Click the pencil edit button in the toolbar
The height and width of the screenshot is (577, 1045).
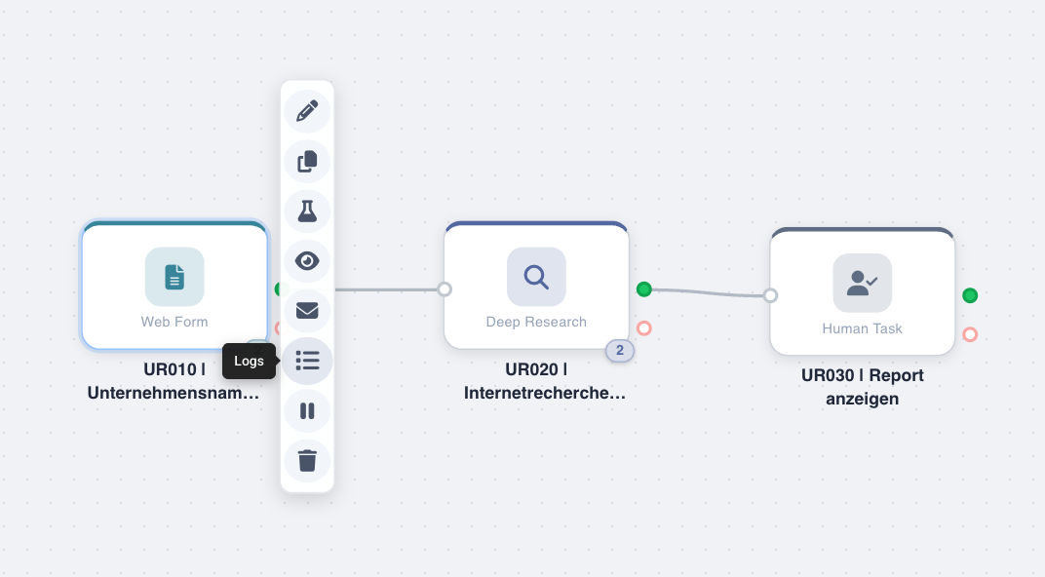(307, 110)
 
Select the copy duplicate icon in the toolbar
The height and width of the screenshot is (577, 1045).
(307, 161)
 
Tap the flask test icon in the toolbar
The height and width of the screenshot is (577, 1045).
(307, 212)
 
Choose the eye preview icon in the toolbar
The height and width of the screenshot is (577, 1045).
(307, 261)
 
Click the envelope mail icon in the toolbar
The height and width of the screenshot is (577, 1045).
(307, 311)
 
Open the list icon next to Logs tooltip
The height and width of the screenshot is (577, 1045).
(307, 362)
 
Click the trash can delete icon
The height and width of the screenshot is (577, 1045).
(307, 460)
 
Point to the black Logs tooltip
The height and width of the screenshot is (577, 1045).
(249, 362)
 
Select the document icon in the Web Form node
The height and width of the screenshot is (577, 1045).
(174, 277)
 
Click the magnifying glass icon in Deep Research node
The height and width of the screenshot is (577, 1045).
(536, 277)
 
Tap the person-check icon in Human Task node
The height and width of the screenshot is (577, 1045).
(863, 283)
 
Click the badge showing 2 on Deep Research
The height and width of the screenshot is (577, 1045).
(620, 351)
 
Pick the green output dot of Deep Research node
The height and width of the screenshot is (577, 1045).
(643, 289)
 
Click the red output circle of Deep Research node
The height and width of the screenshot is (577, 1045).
(643, 327)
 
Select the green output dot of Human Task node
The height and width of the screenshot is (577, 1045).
(970, 295)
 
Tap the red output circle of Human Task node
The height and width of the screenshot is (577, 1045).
(970, 334)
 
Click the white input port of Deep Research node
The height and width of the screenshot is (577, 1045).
(445, 289)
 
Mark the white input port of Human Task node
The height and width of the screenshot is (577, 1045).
(770, 295)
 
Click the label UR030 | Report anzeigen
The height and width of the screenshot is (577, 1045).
(863, 387)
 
